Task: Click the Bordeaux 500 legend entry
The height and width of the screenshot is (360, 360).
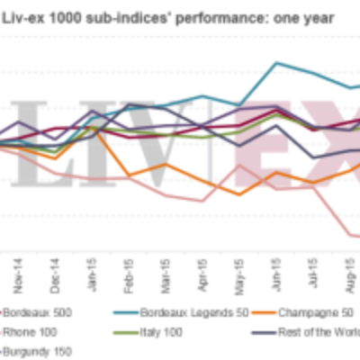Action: point(36,315)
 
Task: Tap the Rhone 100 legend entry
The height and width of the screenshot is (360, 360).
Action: point(31,333)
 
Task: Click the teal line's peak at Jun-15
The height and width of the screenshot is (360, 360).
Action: point(276,63)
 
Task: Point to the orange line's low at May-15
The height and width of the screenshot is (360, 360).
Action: point(239,193)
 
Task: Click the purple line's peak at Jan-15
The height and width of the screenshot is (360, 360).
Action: point(92,112)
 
